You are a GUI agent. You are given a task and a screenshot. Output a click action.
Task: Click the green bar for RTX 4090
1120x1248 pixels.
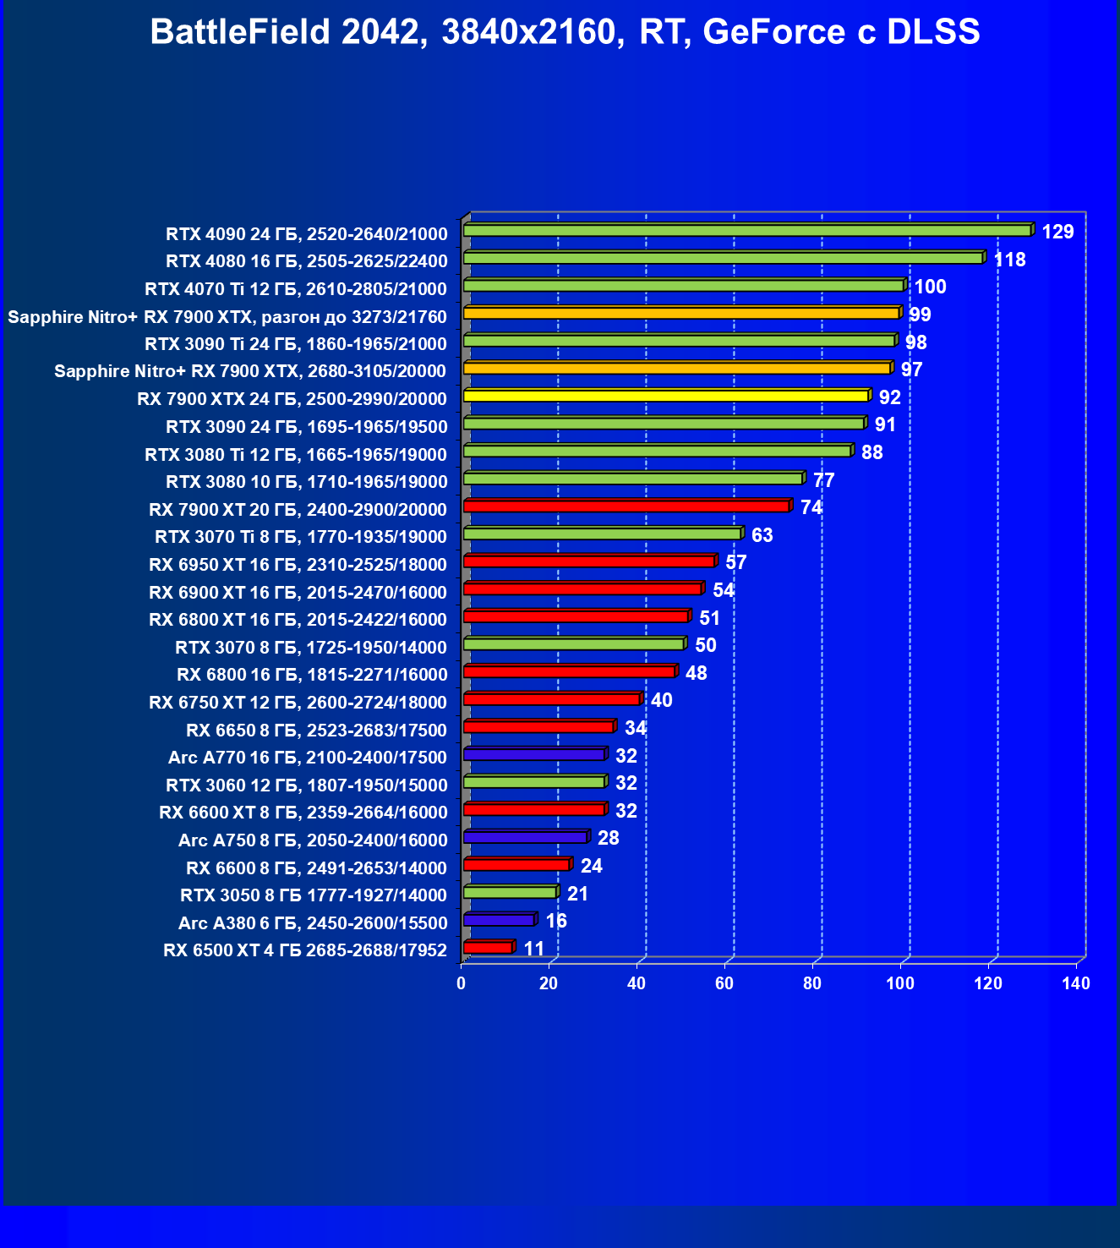tap(747, 231)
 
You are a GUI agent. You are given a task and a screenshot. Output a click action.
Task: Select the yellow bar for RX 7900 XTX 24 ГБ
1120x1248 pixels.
tap(666, 397)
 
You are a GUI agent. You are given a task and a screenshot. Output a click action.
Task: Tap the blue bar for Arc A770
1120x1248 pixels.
tap(534, 754)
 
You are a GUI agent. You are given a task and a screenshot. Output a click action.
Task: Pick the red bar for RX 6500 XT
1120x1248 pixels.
tap(488, 948)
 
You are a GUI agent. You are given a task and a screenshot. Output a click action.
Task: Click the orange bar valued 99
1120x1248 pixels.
tap(681, 314)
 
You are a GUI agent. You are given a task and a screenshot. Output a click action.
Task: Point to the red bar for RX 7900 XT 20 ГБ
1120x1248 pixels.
tap(626, 506)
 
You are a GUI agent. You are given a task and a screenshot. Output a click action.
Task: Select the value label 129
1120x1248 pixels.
tap(1057, 232)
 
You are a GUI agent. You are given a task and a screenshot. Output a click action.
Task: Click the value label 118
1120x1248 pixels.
tap(1010, 260)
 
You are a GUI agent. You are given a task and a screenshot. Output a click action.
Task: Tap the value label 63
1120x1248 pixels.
tap(762, 535)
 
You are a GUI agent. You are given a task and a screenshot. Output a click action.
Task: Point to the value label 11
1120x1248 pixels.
tap(534, 949)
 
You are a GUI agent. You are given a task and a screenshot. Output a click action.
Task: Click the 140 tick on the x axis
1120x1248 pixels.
tap(1076, 983)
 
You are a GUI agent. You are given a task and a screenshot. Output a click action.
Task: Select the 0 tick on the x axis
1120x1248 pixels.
tap(461, 983)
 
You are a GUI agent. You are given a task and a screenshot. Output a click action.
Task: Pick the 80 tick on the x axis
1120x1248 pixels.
tap(812, 983)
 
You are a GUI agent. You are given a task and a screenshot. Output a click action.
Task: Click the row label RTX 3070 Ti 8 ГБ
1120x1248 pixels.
tap(300, 537)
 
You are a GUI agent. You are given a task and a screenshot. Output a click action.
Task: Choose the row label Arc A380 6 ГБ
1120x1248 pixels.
tap(312, 922)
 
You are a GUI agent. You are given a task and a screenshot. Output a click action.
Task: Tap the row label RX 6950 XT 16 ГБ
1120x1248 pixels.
tap(298, 565)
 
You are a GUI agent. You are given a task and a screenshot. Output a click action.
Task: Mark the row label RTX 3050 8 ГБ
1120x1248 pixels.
tap(313, 895)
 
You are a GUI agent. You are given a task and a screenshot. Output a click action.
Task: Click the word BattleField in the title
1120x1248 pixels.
tap(241, 32)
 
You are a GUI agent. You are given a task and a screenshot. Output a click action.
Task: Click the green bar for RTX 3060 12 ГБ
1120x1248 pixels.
tap(534, 782)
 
